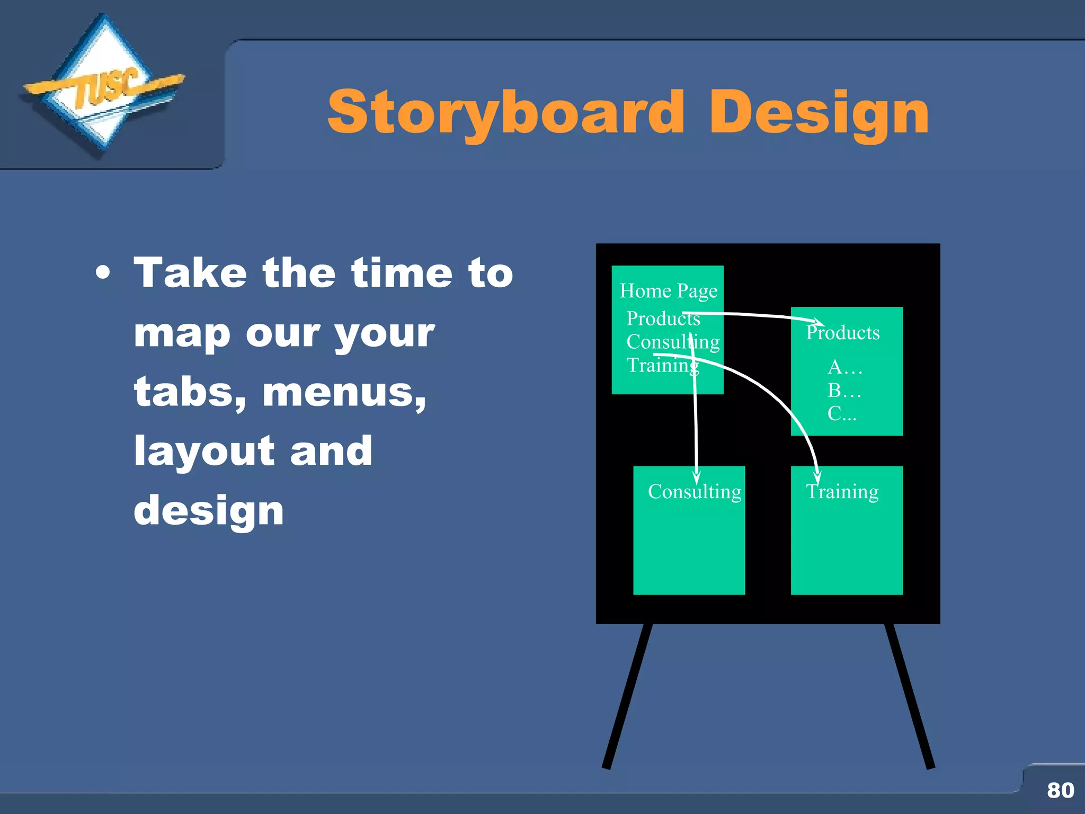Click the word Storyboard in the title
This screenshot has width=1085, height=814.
pos(506,113)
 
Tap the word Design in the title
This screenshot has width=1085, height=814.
pos(819,113)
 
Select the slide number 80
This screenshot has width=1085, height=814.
pos(1060,790)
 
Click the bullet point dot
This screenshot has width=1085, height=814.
pos(103,274)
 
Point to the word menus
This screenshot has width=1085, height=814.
pos(344,393)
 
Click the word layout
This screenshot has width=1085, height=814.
pos(204,452)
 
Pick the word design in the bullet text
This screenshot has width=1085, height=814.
pos(209,511)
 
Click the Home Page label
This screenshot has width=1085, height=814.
pos(669,291)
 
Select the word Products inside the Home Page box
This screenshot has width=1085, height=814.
pos(663,318)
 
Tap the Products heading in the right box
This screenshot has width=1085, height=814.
pos(843,333)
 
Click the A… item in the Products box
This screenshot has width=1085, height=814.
pos(844,367)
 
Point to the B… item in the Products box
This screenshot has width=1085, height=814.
pos(844,391)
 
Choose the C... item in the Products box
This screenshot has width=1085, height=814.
pos(842,413)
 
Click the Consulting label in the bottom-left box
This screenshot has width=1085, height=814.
pos(694,492)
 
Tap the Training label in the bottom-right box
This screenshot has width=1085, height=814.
pos(842,492)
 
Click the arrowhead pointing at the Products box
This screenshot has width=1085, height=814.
pos(818,321)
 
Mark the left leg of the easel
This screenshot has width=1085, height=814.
pos(628,697)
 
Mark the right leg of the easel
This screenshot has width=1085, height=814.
pos(910,697)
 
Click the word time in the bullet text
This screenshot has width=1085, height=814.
pos(402,273)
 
